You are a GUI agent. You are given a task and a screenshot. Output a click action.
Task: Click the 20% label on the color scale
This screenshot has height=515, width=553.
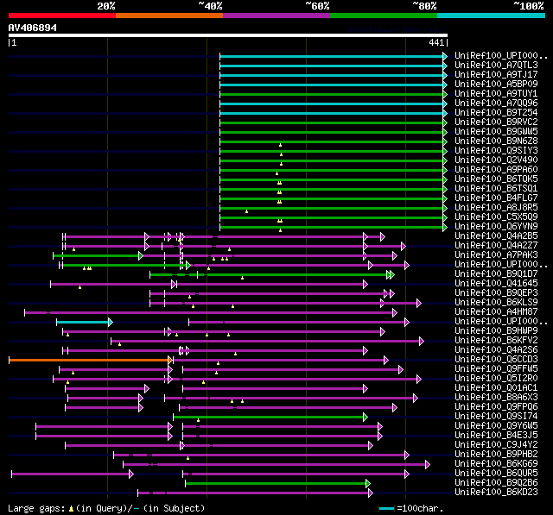[x=106, y=5]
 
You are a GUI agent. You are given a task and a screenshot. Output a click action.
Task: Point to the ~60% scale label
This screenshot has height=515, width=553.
[x=317, y=5]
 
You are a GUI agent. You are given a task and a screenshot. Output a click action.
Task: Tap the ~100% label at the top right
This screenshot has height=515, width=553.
[x=527, y=5]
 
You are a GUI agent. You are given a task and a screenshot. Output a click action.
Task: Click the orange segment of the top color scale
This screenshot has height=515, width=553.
[x=168, y=15]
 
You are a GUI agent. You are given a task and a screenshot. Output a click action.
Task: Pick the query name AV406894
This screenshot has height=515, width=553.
[x=33, y=28]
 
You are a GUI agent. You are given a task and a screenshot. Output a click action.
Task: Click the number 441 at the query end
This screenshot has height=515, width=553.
[x=436, y=42]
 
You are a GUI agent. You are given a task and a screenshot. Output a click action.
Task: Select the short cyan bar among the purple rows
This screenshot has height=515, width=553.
[x=83, y=321]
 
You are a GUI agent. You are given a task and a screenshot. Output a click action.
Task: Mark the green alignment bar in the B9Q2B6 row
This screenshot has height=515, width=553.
[x=276, y=482]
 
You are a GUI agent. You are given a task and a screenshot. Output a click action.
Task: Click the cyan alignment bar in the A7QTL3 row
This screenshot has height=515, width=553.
[x=332, y=65]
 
